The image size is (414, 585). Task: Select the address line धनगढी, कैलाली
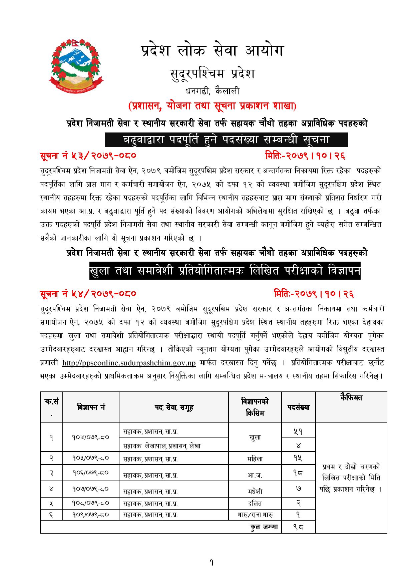click(x=213, y=91)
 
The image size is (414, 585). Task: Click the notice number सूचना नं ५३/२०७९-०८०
click(x=87, y=156)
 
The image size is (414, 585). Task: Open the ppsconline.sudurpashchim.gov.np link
click(x=129, y=362)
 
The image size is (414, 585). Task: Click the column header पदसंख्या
click(x=298, y=407)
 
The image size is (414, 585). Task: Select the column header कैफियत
click(x=351, y=398)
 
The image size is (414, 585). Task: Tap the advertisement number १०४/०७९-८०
click(x=91, y=437)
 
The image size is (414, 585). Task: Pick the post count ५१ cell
click(x=298, y=431)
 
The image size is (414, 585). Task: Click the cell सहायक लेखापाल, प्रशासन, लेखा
click(x=162, y=446)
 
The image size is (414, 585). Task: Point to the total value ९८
click(x=298, y=527)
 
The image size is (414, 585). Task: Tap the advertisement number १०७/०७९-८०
click(x=91, y=489)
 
